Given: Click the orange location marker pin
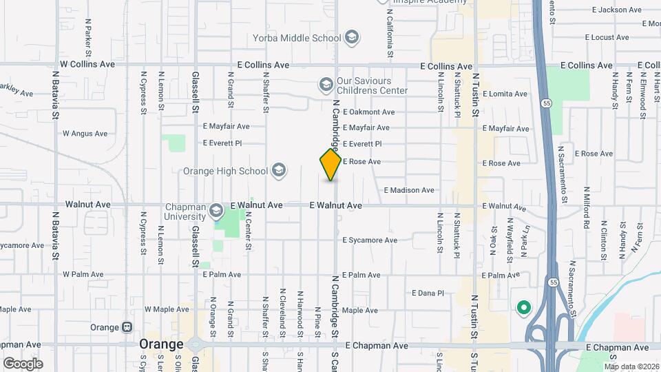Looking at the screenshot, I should (331, 165).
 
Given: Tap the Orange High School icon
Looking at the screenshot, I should (279, 170).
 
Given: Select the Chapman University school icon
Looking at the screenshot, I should (216, 210).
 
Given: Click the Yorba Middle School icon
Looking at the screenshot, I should (352, 37).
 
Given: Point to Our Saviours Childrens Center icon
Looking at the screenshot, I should (326, 85).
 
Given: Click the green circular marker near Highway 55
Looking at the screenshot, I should (523, 308).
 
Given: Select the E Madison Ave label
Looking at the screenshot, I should (409, 190).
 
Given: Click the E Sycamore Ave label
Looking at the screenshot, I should (370, 240).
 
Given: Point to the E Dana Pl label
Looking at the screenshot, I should (428, 293).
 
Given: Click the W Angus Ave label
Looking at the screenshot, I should (85, 134).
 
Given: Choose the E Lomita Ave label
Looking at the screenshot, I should (505, 94).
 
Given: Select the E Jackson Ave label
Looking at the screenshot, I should (617, 10).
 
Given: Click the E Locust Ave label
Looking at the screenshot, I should (608, 37).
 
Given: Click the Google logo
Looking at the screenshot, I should (23, 364).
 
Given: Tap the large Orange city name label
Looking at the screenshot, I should (161, 344).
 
